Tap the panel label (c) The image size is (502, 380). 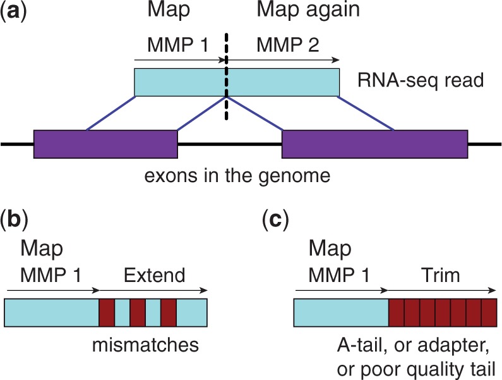pos(275,222)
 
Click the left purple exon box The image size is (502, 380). pos(105,144)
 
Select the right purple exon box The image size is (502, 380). pos(374,144)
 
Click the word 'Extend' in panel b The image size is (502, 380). pos(154,276)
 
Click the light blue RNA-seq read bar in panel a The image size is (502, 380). pos(237,82)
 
